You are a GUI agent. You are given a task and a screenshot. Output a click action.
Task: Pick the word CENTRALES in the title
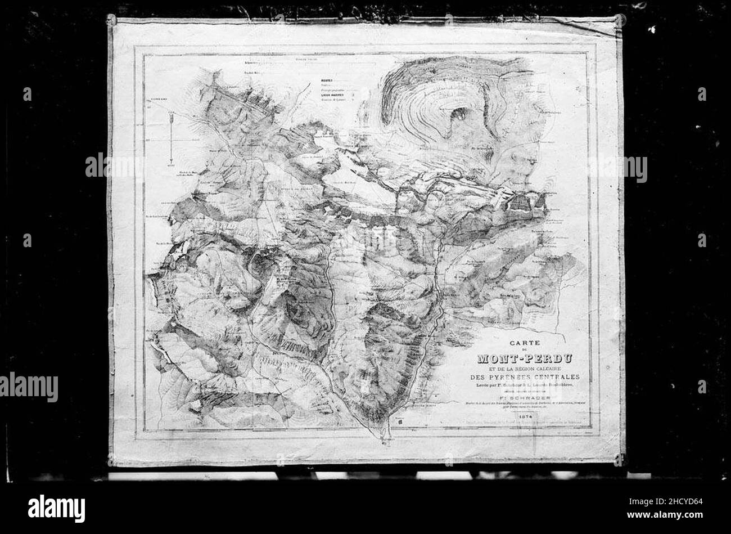click(557, 377)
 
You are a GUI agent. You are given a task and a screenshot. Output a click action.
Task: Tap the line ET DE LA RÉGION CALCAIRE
click(523, 368)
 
